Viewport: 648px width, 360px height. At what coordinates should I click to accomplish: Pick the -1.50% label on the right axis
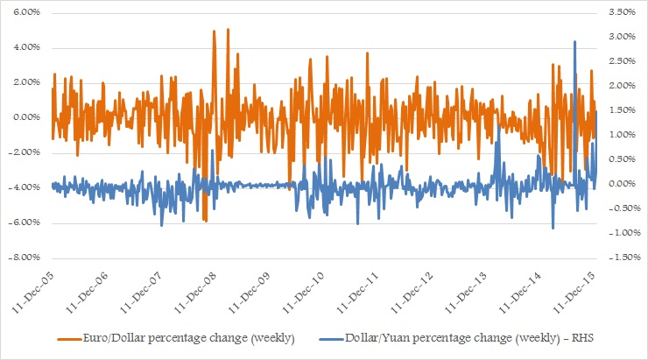[x=617, y=258]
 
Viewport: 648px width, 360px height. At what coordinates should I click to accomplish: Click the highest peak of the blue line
[x=574, y=41]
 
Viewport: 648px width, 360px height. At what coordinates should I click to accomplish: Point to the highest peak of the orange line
[x=228, y=29]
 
